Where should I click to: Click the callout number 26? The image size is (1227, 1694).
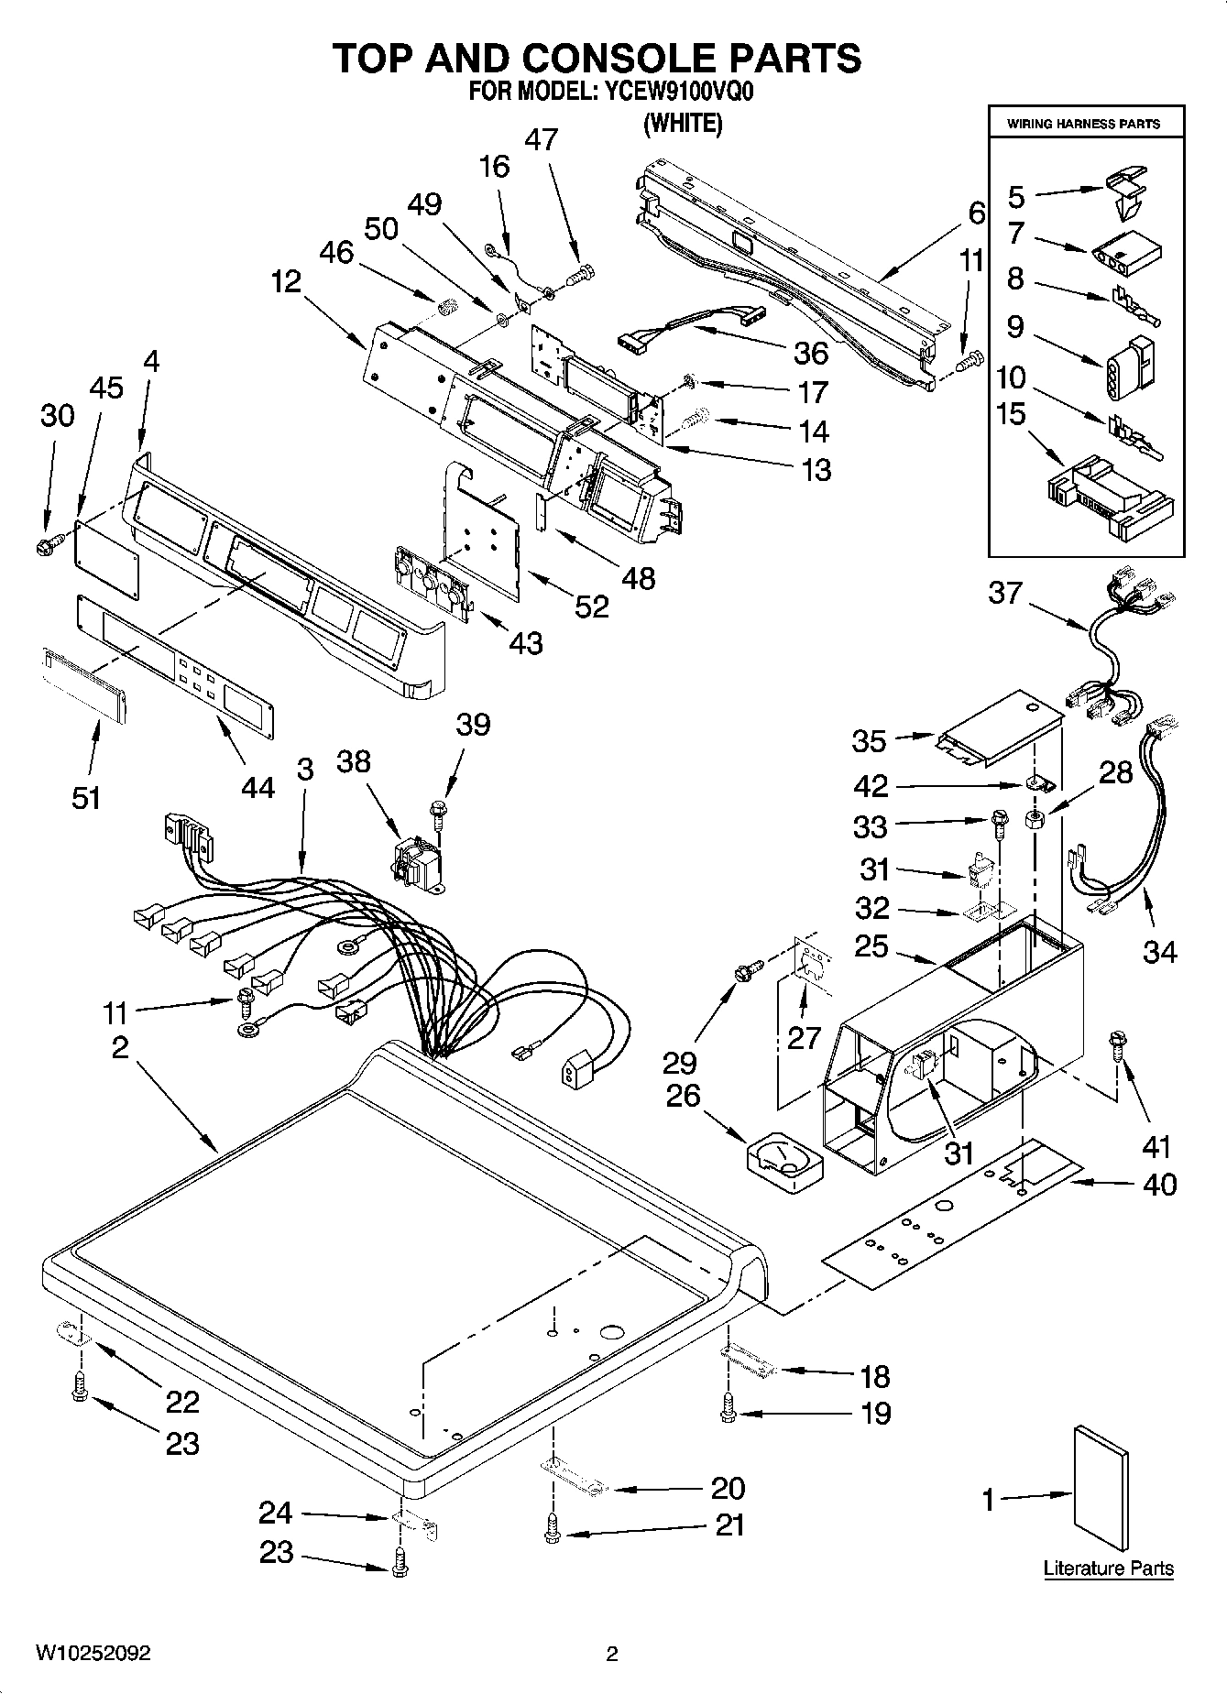click(684, 1096)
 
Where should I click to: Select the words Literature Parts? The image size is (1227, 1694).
click(1108, 1568)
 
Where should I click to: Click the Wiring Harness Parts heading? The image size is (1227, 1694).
click(1084, 124)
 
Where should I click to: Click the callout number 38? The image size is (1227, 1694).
click(354, 761)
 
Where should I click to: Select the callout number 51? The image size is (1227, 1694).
click(86, 797)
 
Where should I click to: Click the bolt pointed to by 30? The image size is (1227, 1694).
click(46, 547)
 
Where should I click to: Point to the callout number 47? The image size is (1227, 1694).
click(541, 139)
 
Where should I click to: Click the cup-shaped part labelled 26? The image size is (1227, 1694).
click(786, 1164)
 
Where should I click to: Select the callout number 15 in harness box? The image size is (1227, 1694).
click(1011, 414)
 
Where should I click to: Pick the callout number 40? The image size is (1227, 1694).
click(1159, 1185)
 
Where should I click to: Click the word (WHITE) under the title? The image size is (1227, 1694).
click(683, 124)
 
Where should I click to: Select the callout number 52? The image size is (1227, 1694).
click(592, 606)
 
